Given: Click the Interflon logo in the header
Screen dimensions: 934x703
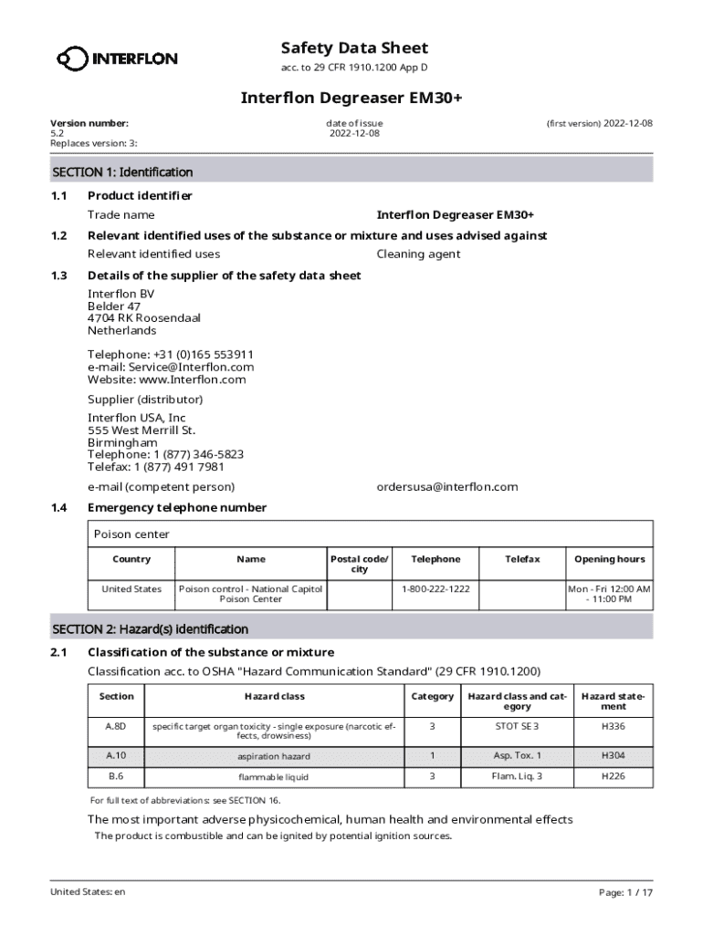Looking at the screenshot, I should tap(117, 59).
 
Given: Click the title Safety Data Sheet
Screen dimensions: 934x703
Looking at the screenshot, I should tap(354, 47).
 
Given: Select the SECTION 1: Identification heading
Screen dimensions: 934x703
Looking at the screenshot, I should tap(122, 171).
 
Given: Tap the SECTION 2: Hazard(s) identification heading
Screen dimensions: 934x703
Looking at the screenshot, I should tap(150, 628).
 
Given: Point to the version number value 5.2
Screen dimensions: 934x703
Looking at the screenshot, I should tap(58, 133).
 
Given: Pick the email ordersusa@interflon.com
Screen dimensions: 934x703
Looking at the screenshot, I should tap(447, 486).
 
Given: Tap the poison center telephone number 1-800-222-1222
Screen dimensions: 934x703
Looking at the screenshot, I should tap(435, 589).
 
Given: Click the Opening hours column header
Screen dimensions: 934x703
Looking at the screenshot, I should tap(609, 559).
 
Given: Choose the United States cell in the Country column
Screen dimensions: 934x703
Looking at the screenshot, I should tap(131, 589).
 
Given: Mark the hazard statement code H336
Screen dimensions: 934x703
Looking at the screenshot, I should tap(613, 726).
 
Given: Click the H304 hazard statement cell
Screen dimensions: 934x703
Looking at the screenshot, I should tap(613, 756).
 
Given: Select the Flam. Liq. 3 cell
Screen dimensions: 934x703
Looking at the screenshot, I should tap(517, 776).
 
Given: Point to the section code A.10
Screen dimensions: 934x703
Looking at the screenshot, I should tap(116, 756).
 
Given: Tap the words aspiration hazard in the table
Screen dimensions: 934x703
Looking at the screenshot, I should tap(274, 757).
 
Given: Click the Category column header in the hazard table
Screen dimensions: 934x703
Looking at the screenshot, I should tap(432, 696).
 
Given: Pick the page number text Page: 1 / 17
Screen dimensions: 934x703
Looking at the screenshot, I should tap(625, 893).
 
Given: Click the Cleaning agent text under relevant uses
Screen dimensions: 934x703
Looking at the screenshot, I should tap(418, 254).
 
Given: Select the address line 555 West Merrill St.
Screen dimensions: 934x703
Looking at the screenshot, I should tap(142, 430).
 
